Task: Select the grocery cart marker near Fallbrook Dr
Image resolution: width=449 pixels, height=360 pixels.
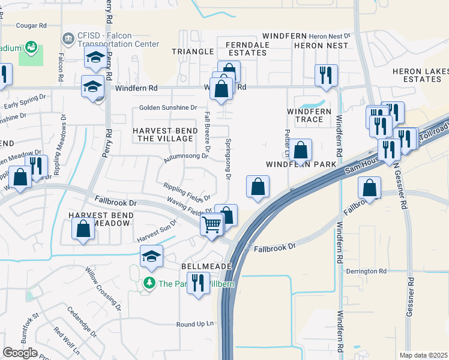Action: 212,226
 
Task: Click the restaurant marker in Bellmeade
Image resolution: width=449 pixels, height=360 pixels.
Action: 198,283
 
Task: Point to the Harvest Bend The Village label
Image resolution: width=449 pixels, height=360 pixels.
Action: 164,135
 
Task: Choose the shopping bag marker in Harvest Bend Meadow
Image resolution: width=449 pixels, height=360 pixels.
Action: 83,229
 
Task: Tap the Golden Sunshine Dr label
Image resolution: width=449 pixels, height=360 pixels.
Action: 168,107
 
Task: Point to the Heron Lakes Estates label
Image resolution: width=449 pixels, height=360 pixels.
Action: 417,75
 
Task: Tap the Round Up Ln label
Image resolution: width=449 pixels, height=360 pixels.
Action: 195,325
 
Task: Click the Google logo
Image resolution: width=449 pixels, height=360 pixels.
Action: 20,353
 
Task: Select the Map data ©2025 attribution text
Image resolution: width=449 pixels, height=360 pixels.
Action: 423,355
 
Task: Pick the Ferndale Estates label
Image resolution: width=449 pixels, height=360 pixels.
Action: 246,49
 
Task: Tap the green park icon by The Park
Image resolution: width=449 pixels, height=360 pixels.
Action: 148,283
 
